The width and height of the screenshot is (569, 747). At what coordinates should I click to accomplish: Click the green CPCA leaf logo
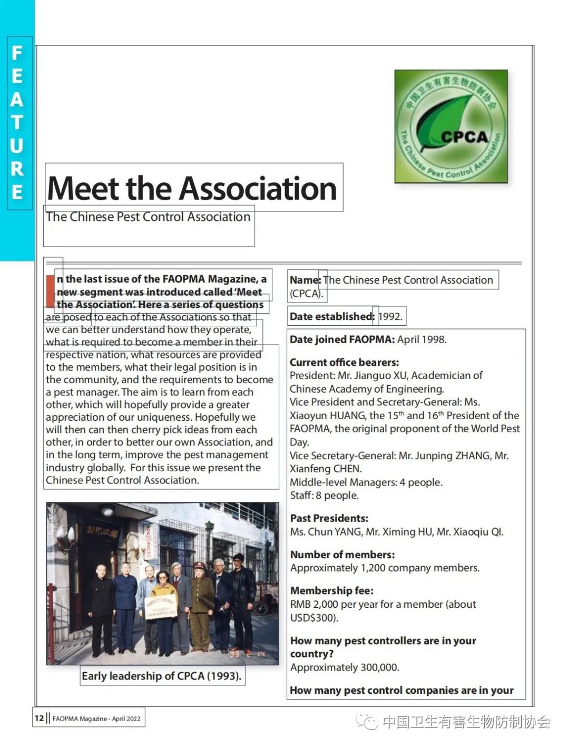click(x=451, y=127)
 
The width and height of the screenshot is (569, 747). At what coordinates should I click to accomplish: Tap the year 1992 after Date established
click(x=390, y=317)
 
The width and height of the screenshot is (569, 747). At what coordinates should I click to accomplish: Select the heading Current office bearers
click(x=344, y=363)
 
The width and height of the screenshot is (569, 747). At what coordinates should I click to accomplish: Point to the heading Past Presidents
click(x=329, y=518)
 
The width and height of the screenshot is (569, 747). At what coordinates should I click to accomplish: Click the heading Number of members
click(x=342, y=555)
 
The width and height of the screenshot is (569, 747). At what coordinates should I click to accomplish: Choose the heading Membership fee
click(x=332, y=590)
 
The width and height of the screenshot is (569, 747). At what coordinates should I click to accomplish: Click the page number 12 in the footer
click(x=40, y=718)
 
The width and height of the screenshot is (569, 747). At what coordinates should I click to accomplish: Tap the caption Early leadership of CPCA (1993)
click(x=161, y=676)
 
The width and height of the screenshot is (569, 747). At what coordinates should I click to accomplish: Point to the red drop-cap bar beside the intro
click(x=50, y=291)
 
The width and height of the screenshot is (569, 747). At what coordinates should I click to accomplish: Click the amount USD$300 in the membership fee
click(x=313, y=618)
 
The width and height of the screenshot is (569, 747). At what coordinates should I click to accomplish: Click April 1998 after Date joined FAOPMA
click(x=421, y=339)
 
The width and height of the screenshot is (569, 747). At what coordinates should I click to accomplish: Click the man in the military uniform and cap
click(x=201, y=601)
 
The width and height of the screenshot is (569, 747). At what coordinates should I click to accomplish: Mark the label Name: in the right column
click(x=305, y=280)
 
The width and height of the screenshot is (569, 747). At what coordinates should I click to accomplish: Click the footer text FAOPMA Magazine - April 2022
click(x=96, y=719)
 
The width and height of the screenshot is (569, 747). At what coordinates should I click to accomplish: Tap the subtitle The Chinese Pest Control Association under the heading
click(x=148, y=217)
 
